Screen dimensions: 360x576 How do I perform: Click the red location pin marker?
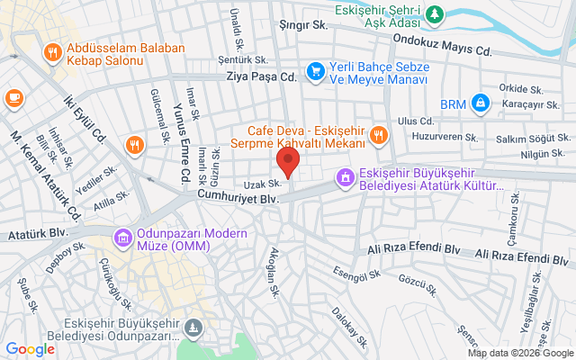(288, 163)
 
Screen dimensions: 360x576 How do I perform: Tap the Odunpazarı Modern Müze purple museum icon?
(122, 238)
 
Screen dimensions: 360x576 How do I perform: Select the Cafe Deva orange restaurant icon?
(378, 136)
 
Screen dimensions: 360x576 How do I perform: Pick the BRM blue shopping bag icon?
(481, 103)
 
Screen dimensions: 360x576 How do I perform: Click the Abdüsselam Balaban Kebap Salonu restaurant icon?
(53, 53)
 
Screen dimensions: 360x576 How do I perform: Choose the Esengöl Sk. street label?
(359, 268)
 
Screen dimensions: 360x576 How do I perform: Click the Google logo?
(30, 349)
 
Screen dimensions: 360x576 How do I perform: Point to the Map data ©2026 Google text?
(518, 353)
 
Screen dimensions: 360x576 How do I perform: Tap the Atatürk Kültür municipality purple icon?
(343, 177)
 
